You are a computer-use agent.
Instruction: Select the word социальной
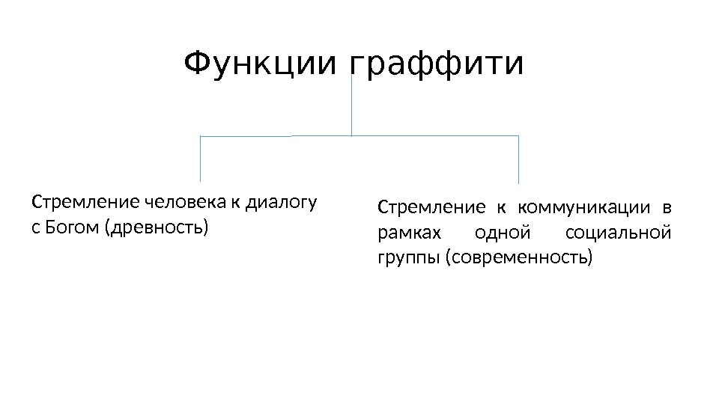pyautogui.click(x=618, y=233)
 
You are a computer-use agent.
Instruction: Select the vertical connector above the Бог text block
pyautogui.click(x=201, y=159)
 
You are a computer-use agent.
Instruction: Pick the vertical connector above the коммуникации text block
pyautogui.click(x=518, y=159)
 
